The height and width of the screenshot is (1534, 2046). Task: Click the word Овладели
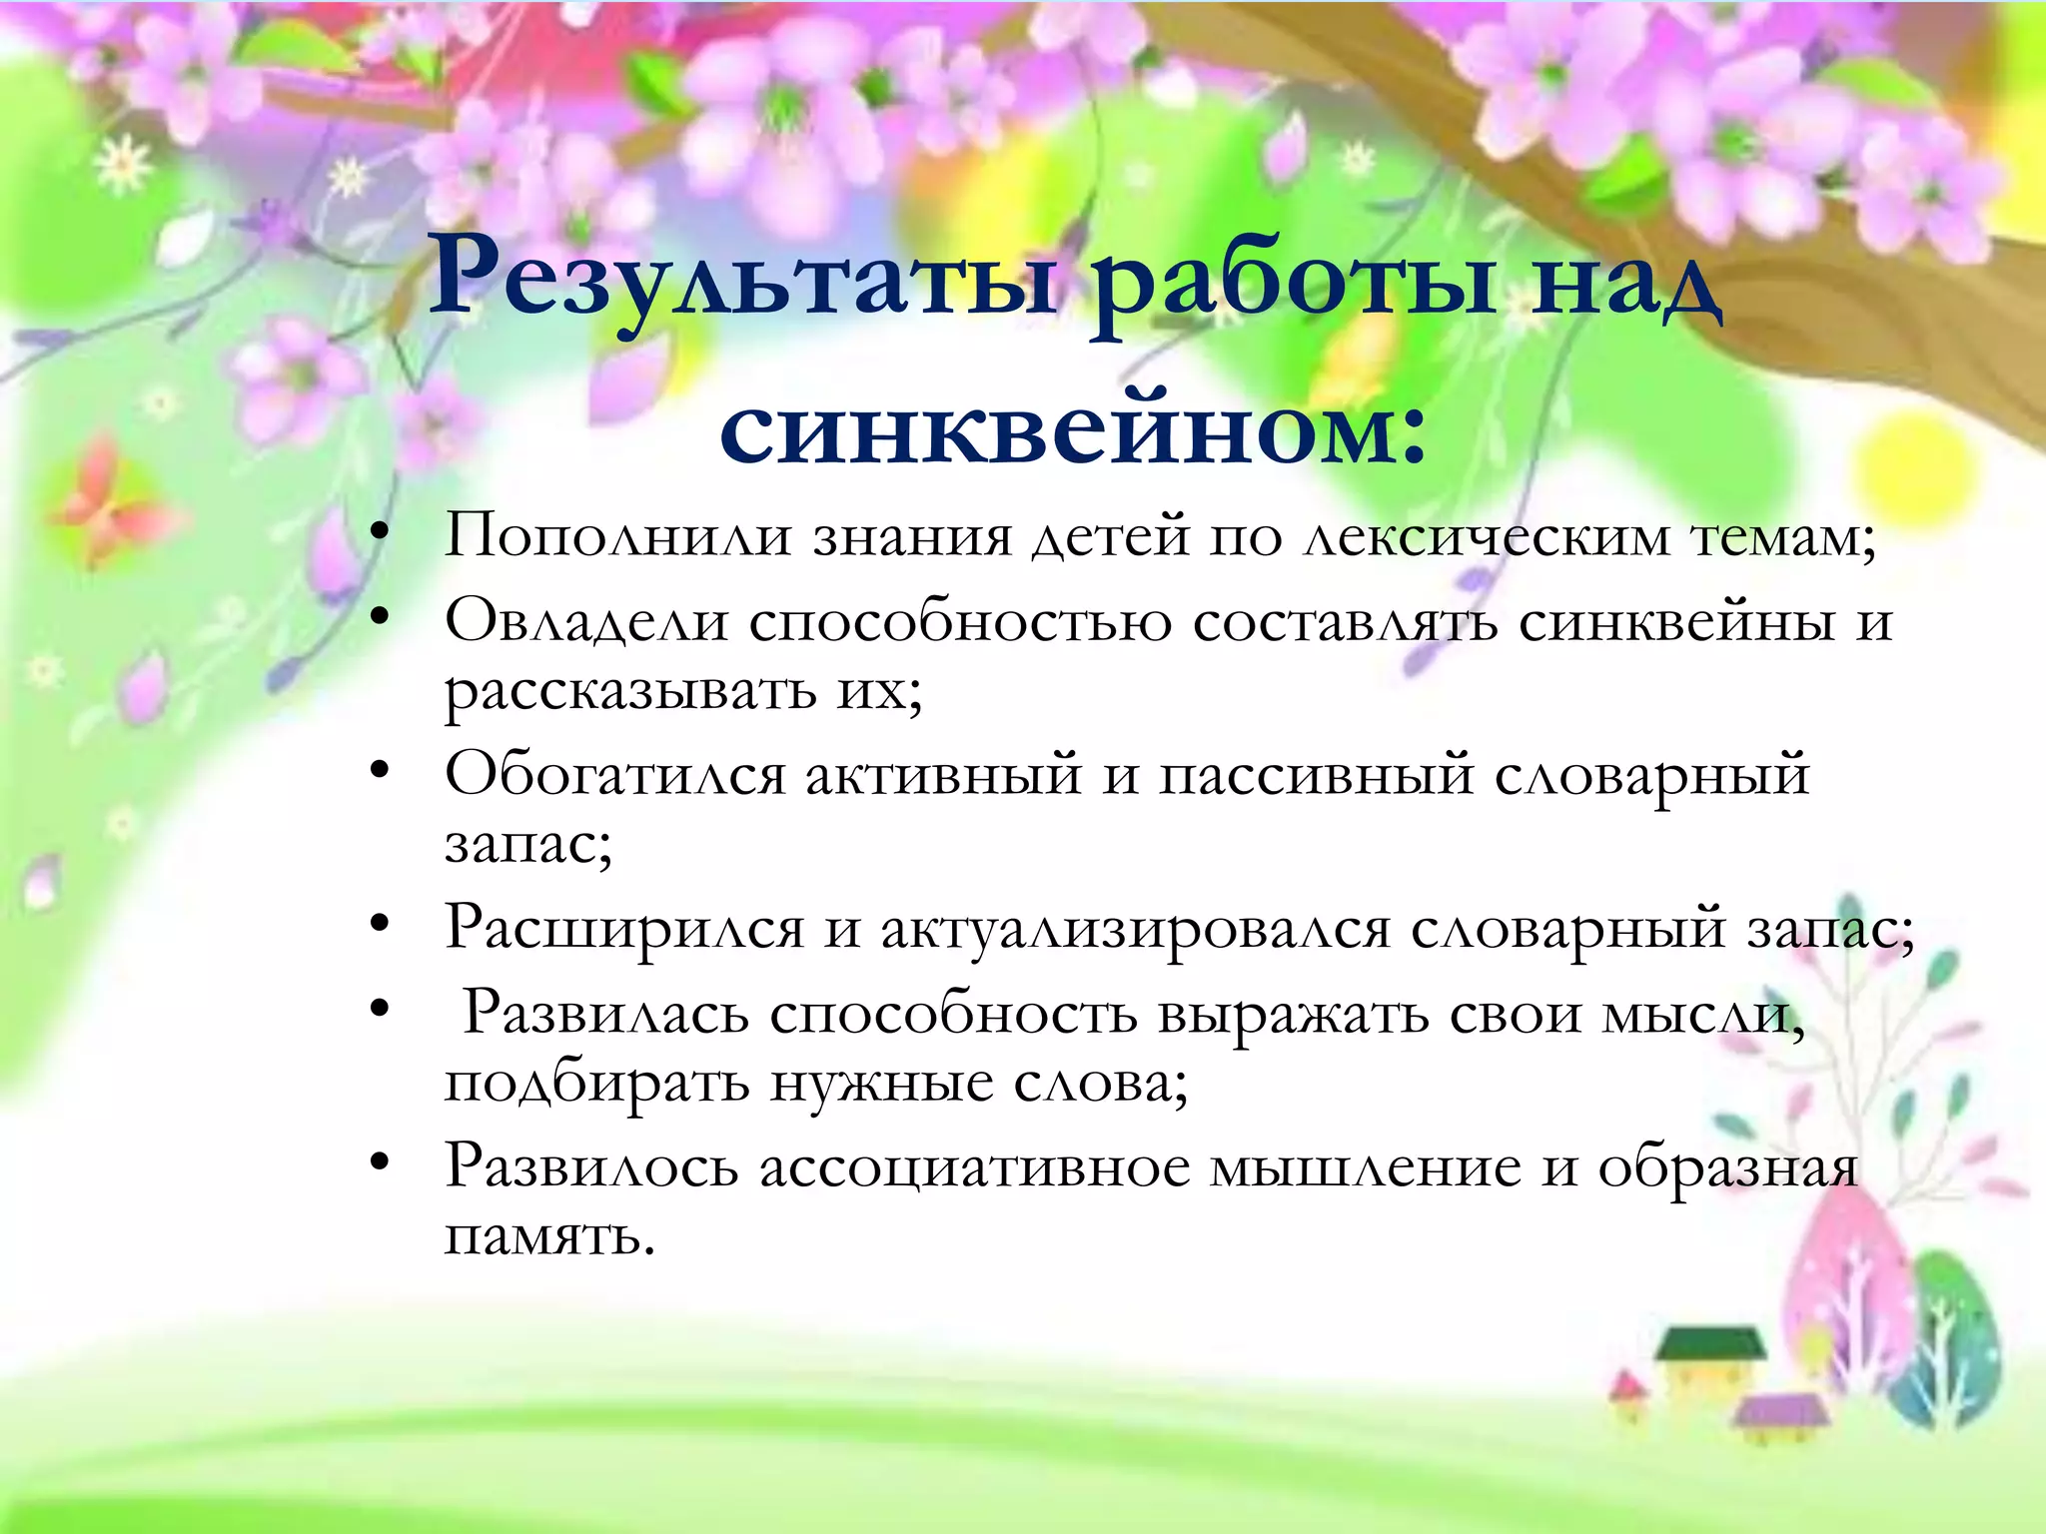pyautogui.click(x=586, y=621)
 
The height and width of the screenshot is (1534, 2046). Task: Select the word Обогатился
pyautogui.click(x=614, y=775)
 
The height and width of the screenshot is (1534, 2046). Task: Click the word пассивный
pyautogui.click(x=1315, y=775)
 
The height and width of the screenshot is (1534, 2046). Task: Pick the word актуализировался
pyautogui.click(x=1135, y=930)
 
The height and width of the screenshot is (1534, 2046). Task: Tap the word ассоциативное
pyautogui.click(x=974, y=1167)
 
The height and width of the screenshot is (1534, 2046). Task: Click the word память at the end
pyautogui.click(x=548, y=1236)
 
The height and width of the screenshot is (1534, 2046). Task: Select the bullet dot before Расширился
pyautogui.click(x=378, y=927)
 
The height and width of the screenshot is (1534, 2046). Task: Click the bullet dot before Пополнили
pyautogui.click(x=378, y=535)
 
